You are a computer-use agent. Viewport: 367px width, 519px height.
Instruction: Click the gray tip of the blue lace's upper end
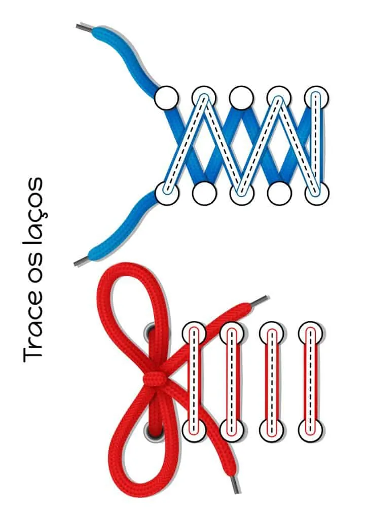pos(84,29)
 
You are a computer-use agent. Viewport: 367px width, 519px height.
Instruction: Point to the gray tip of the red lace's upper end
pos(260,301)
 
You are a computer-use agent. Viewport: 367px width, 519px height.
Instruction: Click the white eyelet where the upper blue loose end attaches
pos(167,98)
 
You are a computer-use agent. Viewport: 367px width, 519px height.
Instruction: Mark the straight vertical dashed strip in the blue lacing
pos(316,145)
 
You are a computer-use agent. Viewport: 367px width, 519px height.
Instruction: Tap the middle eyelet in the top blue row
pos(241,98)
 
